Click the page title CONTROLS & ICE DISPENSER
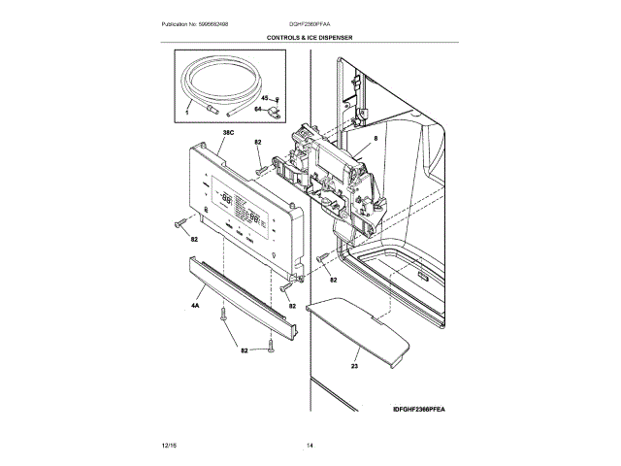click(310, 37)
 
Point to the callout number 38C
click(228, 132)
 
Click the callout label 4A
click(195, 307)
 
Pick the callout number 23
click(356, 367)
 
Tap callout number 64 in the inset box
click(259, 110)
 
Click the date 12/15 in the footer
click(169, 445)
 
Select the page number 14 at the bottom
click(310, 445)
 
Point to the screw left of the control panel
click(180, 225)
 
